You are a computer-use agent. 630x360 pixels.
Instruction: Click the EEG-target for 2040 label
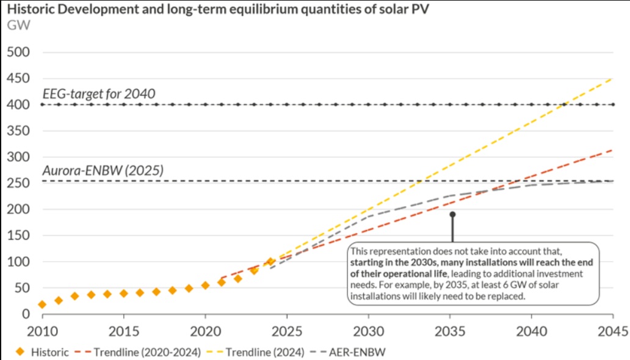[x=99, y=94]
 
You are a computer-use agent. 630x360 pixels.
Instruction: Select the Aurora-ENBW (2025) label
[x=103, y=171]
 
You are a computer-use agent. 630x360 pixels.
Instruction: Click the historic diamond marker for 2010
[x=42, y=304]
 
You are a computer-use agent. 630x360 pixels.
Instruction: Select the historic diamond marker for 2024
[x=270, y=262]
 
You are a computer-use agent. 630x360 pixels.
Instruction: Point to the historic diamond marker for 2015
[x=124, y=293]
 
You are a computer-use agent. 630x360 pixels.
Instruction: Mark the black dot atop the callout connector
[x=452, y=214]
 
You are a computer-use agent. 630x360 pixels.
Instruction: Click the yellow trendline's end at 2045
[x=612, y=79]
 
